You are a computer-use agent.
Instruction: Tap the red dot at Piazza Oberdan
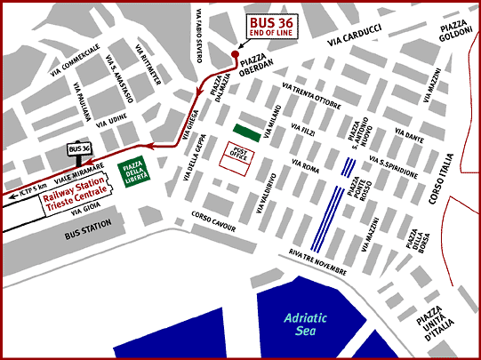click(235, 54)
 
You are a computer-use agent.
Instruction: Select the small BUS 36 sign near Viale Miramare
click(80, 148)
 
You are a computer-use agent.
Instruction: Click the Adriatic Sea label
click(308, 324)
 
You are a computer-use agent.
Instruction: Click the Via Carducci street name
click(353, 42)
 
